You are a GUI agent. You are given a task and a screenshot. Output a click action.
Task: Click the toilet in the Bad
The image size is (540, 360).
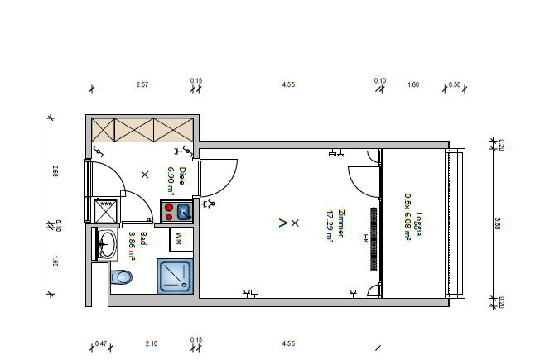coord(121,277)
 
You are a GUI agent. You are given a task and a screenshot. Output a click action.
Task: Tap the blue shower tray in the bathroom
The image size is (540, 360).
coord(176,276)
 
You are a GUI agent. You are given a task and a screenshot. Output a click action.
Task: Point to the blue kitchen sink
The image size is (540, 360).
coord(184,211)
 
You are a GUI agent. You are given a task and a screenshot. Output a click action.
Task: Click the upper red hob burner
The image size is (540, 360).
coord(169,207)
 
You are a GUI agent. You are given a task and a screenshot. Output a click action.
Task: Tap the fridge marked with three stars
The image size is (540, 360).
coord(106,210)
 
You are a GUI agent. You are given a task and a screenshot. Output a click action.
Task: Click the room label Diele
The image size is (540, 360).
coord(182,176)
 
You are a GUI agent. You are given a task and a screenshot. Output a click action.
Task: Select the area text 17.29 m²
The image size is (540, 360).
coord(330,227)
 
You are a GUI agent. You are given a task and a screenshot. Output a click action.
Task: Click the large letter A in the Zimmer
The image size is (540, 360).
coord(282,223)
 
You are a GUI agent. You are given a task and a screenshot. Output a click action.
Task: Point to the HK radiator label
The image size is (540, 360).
coord(365,238)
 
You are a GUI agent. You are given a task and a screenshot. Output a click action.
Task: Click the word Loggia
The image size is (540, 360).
coord(419,224)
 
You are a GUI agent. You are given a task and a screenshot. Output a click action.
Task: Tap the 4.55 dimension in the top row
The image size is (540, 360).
coord(288,84)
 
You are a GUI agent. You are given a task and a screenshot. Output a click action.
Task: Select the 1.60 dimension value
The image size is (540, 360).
coord(413,84)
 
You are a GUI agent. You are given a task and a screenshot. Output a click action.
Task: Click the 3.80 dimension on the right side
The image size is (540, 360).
coord(497,223)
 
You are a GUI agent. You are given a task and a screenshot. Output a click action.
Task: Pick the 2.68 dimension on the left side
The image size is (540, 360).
coord(55,171)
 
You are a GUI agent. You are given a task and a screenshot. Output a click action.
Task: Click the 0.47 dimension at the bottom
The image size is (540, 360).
coord(101,343)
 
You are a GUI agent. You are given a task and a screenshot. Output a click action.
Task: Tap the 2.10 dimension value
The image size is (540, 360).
coord(152,343)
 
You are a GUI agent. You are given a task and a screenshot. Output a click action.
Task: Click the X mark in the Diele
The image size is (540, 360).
coord(145,175)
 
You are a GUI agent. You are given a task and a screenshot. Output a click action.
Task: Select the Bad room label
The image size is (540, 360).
coord(143,238)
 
